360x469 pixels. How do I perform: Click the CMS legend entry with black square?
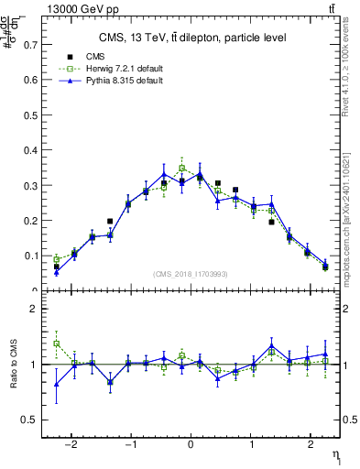click(82, 57)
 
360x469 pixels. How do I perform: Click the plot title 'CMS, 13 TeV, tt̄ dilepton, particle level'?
click(193, 38)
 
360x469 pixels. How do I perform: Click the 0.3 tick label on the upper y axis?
click(31, 185)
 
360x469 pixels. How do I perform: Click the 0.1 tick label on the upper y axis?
click(31, 256)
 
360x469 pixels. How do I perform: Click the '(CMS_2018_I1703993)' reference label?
click(190, 273)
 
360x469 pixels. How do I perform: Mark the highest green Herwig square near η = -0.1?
click(182, 169)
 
